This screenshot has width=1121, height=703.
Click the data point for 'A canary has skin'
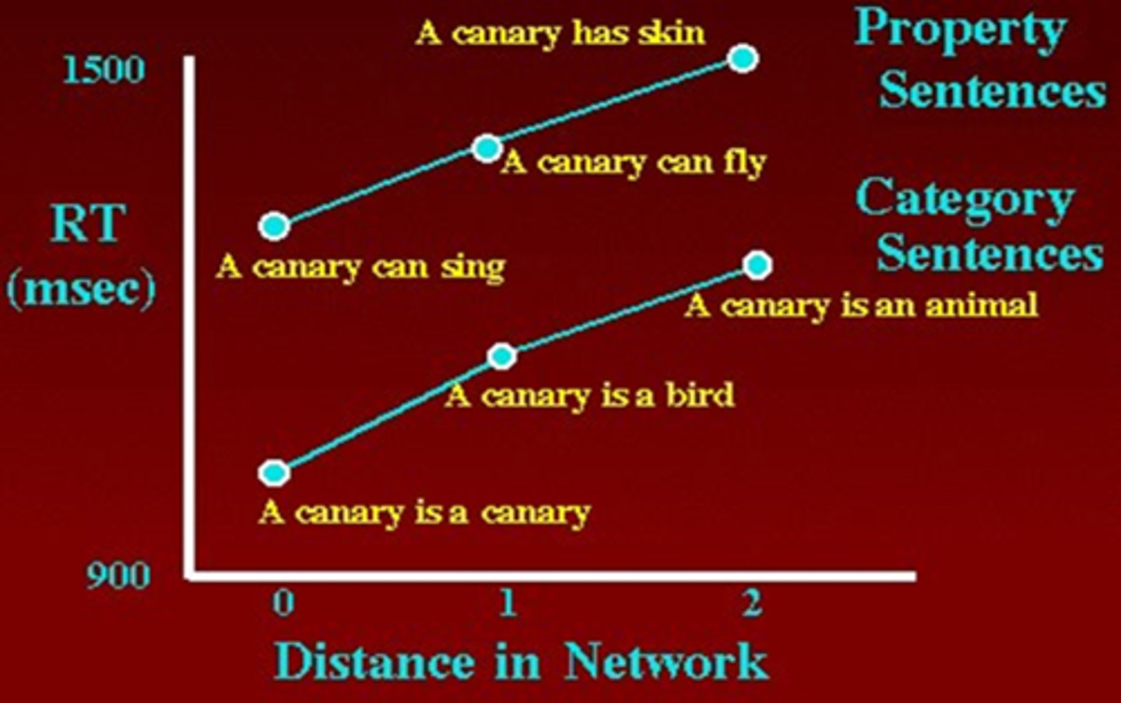click(x=743, y=58)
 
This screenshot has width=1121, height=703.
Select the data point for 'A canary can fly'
click(x=487, y=148)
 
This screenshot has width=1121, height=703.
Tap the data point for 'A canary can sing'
click(x=274, y=226)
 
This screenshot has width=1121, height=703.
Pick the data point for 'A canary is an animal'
click(x=757, y=265)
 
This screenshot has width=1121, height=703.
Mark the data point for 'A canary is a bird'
click(x=502, y=356)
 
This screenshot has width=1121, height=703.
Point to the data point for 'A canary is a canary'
click(x=274, y=472)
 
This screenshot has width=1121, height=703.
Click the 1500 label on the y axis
click(x=104, y=70)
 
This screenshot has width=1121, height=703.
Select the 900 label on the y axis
click(x=118, y=576)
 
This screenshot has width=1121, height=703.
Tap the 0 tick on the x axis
click(x=283, y=602)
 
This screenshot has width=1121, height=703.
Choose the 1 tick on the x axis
click(x=508, y=602)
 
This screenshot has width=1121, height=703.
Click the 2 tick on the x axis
click(x=752, y=602)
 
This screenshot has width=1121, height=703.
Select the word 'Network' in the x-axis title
click(x=666, y=662)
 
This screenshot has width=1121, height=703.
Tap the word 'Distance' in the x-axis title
click(x=374, y=662)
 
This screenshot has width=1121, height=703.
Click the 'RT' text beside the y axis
click(x=87, y=224)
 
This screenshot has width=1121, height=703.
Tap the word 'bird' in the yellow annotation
click(x=700, y=395)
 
